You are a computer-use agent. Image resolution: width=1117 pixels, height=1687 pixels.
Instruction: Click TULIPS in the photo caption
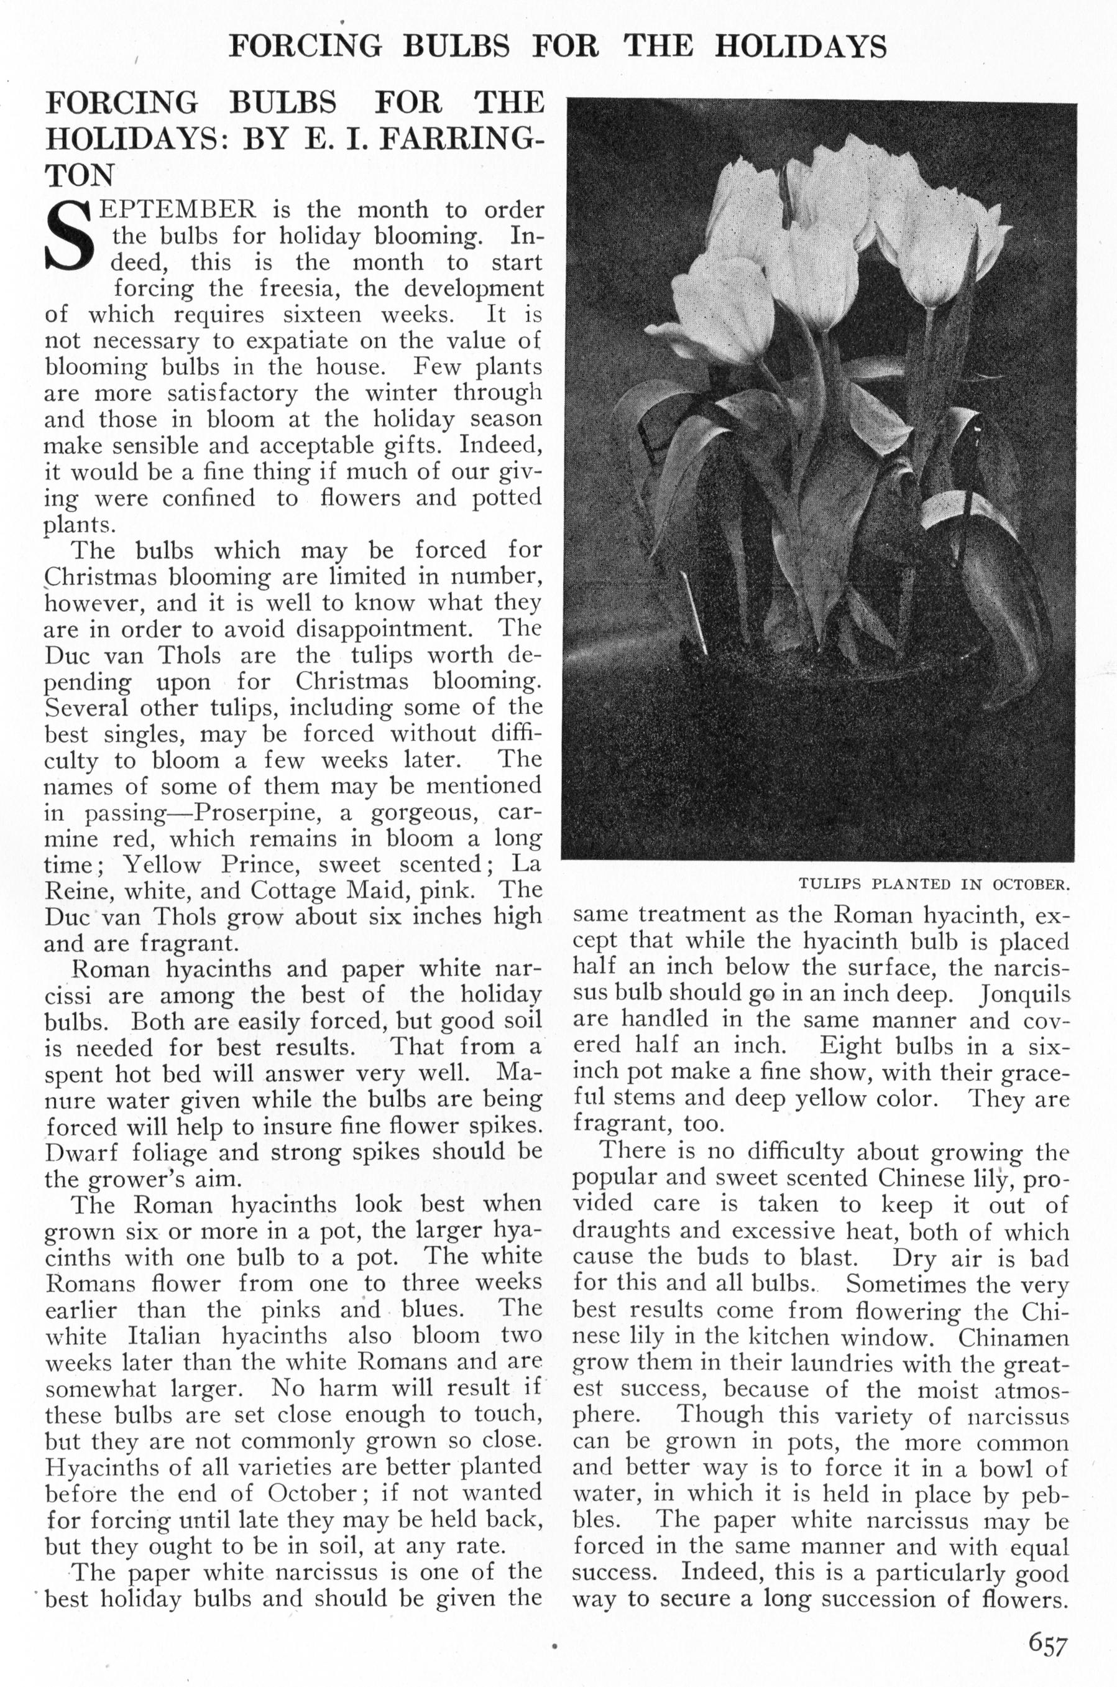coord(829,885)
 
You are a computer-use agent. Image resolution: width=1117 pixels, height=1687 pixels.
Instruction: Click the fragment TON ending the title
coord(79,175)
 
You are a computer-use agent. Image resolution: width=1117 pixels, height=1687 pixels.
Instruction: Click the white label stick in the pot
coord(693,612)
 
